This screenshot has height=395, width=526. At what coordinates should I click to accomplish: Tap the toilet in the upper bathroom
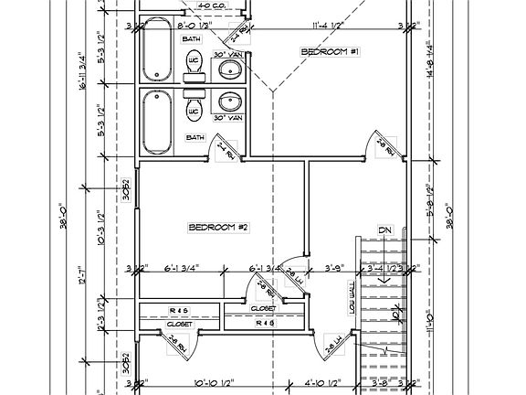pos(194,63)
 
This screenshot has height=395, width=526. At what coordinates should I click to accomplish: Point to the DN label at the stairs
pos(385,230)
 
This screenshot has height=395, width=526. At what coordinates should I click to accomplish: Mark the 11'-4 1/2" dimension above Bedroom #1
pos(327,27)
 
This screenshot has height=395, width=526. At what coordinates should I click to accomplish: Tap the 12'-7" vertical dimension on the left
pos(83,274)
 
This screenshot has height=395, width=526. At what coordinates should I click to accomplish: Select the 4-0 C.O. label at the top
pos(213,6)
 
